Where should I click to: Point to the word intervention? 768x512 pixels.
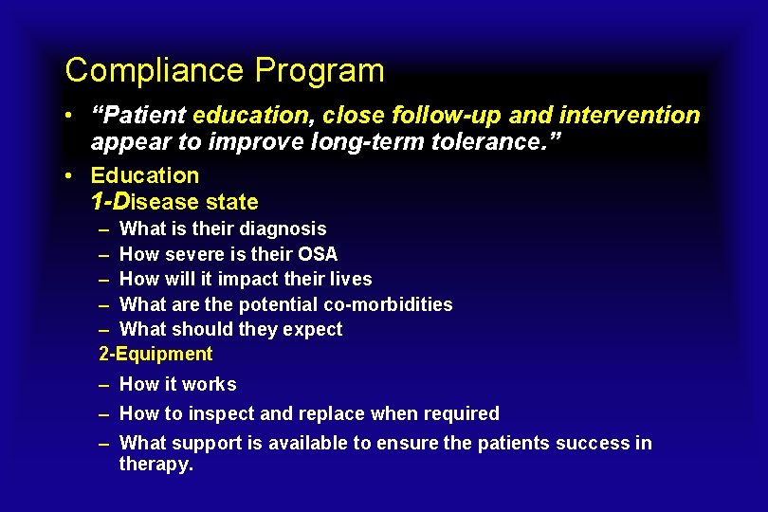tap(630, 116)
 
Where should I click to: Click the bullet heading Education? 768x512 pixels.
tap(145, 175)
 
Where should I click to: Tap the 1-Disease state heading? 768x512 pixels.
tap(174, 202)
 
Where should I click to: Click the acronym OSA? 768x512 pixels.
tap(318, 254)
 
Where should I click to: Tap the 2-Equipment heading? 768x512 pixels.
tap(156, 355)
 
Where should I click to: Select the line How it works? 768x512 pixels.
tap(178, 384)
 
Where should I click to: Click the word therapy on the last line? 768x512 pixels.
tap(155, 464)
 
